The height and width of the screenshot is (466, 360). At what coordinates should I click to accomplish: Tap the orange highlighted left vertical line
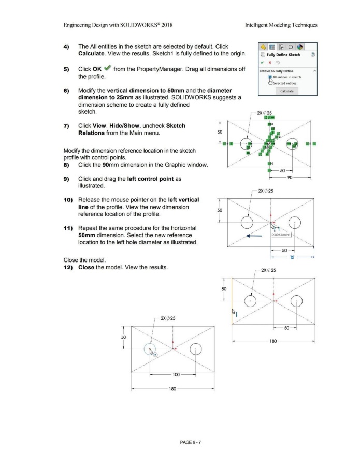point(232,301)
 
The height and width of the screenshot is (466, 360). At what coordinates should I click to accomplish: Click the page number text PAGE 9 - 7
point(180,442)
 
